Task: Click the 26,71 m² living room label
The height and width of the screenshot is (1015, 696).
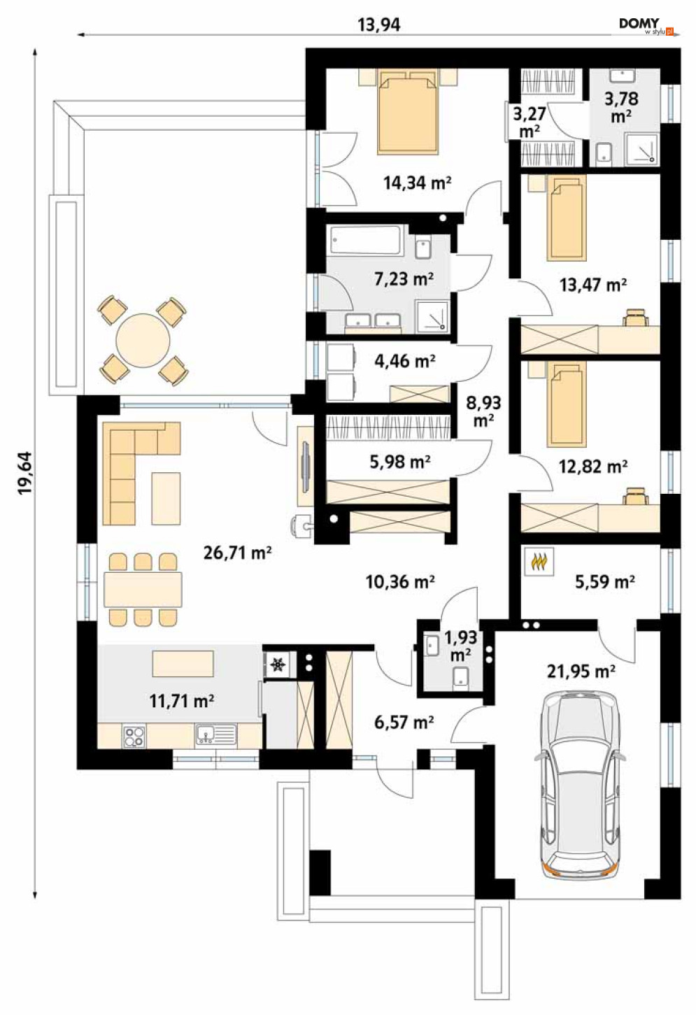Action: click(x=237, y=553)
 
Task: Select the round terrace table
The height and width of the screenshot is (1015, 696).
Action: click(x=143, y=339)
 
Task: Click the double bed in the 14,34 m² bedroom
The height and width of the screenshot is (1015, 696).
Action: click(x=409, y=111)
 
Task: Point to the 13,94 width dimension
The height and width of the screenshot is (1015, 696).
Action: click(x=379, y=25)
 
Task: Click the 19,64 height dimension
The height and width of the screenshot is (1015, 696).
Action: click(x=25, y=473)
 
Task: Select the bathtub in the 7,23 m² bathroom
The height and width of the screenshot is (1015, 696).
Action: click(x=366, y=240)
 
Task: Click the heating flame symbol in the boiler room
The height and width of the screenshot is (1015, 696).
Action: click(x=539, y=562)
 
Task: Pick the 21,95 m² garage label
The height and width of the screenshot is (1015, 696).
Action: click(x=581, y=671)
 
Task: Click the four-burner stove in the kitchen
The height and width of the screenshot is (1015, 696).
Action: click(x=134, y=736)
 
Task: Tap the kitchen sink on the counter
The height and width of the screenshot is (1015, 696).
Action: click(x=215, y=735)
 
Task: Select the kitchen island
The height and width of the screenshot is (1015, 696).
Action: click(x=183, y=663)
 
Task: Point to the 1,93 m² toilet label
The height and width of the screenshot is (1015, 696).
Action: click(x=460, y=645)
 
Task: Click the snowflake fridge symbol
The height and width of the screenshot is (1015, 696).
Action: click(x=276, y=665)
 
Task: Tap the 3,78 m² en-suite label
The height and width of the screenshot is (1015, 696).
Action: click(x=621, y=107)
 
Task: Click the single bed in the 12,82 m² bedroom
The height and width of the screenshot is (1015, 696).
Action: click(x=566, y=404)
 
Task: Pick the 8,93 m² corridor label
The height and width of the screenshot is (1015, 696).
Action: click(x=484, y=411)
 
